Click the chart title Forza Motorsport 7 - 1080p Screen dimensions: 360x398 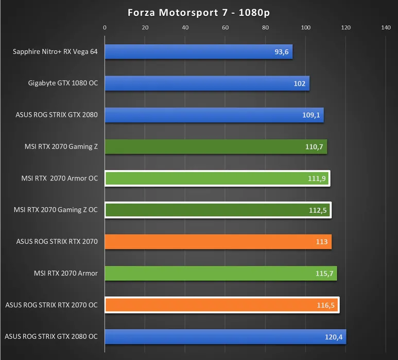199,13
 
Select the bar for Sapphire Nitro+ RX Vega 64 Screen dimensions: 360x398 199,51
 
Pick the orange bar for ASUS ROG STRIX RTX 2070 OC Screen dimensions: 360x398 221,305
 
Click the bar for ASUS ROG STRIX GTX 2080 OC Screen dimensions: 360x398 226,337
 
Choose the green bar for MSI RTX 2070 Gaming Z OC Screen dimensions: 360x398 218,210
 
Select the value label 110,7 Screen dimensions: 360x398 314,147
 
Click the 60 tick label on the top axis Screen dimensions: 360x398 226,28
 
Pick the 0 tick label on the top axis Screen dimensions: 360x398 105,28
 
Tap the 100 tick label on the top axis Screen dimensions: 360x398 306,28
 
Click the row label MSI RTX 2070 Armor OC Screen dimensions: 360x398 60,178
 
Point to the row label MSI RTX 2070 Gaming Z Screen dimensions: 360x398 61,147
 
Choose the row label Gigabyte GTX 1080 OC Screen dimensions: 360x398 63,83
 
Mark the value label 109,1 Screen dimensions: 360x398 311,115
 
